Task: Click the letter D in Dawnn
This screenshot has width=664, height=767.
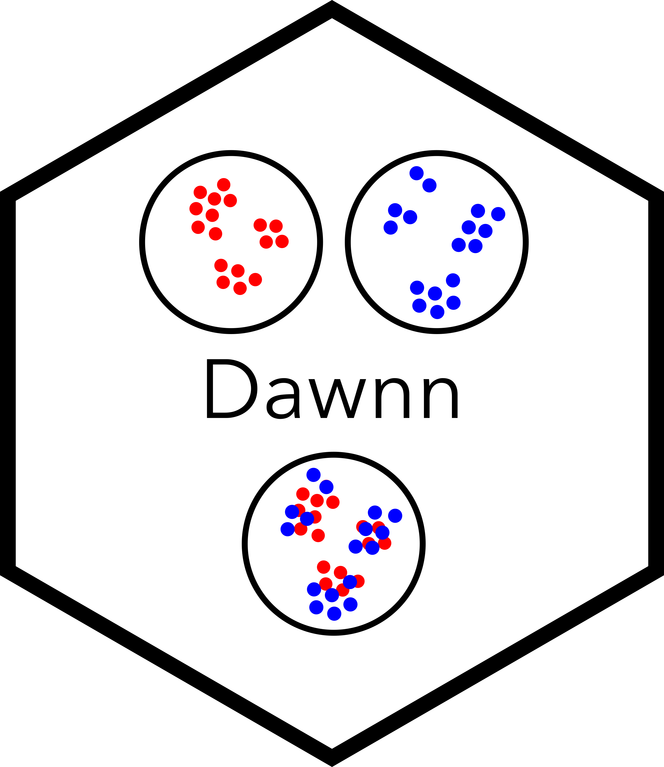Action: click(232, 389)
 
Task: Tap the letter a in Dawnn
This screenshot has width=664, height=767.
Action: click(283, 399)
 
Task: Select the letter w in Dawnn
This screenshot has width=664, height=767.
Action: click(337, 399)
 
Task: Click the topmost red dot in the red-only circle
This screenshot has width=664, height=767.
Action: click(223, 185)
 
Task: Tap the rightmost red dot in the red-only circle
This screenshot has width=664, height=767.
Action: click(282, 241)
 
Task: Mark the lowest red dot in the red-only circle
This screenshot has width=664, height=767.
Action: click(240, 288)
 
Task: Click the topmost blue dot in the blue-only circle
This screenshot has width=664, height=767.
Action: click(417, 173)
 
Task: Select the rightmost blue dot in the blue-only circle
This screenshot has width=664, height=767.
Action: click(498, 214)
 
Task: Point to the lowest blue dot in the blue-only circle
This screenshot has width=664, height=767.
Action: click(437, 312)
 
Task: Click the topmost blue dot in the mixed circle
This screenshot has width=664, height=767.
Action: click(313, 475)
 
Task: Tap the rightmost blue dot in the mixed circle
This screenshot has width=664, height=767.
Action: click(395, 515)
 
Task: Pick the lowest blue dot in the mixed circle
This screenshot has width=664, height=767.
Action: click(334, 614)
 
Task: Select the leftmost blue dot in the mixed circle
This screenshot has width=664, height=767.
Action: click(288, 529)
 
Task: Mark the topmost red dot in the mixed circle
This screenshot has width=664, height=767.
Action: click(303, 493)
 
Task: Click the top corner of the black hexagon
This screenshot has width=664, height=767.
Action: click(332, 1)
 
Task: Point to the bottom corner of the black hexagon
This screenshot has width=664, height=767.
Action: click(332, 766)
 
